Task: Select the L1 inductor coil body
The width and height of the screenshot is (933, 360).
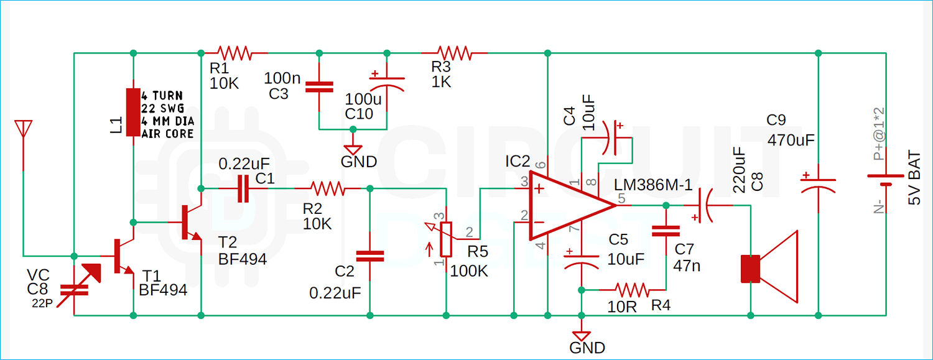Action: [x=133, y=112]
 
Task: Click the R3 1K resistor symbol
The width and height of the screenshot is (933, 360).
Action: [x=454, y=53]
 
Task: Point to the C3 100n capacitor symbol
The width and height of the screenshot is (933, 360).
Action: [x=318, y=87]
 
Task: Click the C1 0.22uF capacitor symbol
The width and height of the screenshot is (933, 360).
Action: [x=243, y=188]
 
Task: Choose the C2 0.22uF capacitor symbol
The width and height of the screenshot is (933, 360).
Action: [x=369, y=256]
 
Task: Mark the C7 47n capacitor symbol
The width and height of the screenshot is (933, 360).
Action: [x=666, y=231]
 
